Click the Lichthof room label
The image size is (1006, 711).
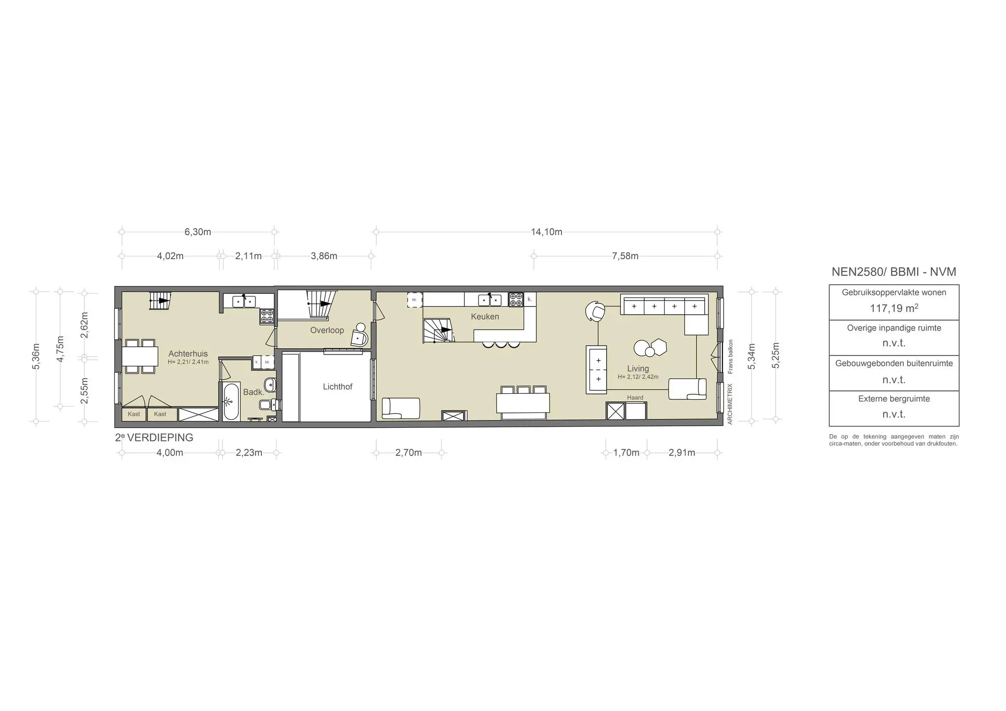tap(337, 387)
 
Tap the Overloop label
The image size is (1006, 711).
tap(327, 330)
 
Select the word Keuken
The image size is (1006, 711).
tap(485, 317)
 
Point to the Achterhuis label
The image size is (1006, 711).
tap(188, 354)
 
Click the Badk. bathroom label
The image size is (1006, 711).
tap(254, 392)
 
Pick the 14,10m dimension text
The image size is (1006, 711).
tap(547, 232)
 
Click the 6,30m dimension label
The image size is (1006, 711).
tap(198, 232)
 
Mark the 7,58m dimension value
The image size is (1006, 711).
tap(625, 256)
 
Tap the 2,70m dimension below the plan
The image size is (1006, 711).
tap(409, 453)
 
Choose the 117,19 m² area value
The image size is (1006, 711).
tap(894, 308)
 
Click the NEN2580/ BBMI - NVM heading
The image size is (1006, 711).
tap(894, 272)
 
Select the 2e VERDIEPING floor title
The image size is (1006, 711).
tap(154, 438)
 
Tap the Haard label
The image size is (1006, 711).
tap(635, 398)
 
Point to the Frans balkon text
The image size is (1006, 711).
tap(730, 356)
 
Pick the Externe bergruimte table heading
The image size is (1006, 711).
tap(894, 399)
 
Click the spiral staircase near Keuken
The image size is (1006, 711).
tap(438, 330)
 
